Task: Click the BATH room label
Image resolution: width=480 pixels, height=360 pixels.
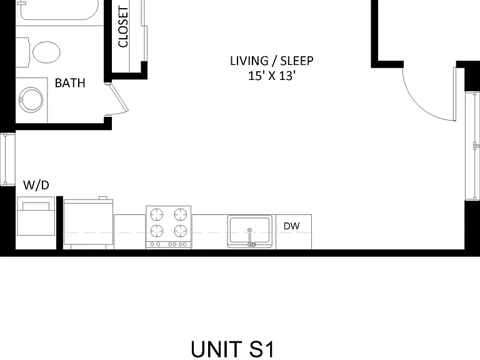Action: click(x=70, y=83)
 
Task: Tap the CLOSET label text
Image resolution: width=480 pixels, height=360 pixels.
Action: click(x=123, y=27)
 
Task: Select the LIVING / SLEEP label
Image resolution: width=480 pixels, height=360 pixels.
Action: click(x=271, y=61)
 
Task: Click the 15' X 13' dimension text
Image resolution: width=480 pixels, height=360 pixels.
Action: click(x=271, y=76)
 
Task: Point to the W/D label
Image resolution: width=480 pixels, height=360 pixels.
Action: click(x=36, y=185)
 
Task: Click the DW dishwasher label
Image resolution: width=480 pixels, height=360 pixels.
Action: click(x=291, y=226)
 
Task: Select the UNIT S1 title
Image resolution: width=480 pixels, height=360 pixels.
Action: click(x=232, y=349)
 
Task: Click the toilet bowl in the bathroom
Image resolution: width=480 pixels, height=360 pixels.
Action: click(x=46, y=52)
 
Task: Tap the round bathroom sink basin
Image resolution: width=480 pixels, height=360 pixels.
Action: click(x=31, y=100)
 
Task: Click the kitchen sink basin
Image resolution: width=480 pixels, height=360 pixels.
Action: click(x=249, y=231)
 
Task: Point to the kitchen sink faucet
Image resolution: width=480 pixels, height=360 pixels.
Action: click(x=250, y=237)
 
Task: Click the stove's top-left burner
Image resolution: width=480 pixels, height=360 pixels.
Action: click(x=157, y=214)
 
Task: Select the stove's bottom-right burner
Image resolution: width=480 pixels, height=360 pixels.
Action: click(x=181, y=231)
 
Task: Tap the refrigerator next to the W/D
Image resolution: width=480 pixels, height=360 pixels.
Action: click(x=88, y=223)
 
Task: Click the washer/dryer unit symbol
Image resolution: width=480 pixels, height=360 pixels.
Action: click(x=36, y=216)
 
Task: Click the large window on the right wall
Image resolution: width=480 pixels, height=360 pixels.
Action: click(x=472, y=146)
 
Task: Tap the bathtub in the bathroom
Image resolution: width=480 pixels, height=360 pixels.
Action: click(x=58, y=10)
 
